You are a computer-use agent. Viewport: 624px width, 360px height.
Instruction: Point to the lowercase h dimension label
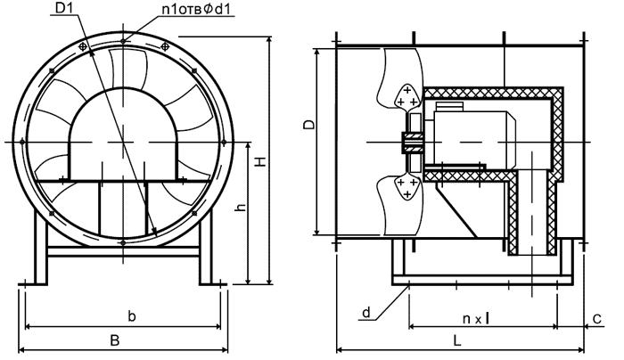(x=242, y=207)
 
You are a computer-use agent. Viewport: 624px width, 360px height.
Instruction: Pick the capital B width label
(x=113, y=340)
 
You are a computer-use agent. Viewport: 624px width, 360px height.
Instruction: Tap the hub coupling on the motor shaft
(x=412, y=143)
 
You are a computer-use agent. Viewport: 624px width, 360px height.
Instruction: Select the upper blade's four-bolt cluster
(x=406, y=97)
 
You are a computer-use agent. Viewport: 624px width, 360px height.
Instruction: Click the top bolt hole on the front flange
(x=122, y=37)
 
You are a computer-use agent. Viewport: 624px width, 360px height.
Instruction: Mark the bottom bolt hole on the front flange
(x=122, y=242)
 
